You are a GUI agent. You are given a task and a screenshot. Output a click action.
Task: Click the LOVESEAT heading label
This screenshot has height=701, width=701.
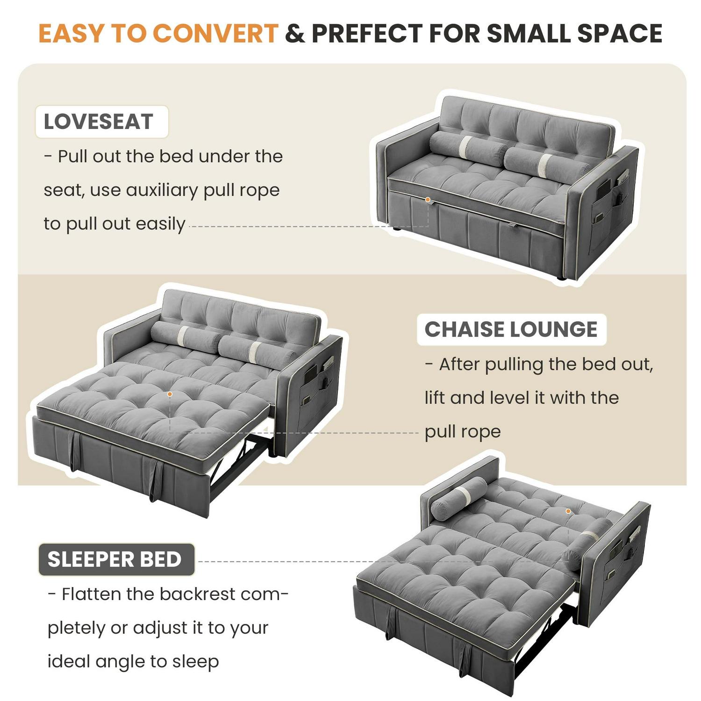click(101, 122)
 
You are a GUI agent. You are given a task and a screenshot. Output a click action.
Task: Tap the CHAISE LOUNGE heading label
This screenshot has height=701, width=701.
click(511, 329)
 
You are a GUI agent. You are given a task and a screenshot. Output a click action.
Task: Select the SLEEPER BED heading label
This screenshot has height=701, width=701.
click(116, 559)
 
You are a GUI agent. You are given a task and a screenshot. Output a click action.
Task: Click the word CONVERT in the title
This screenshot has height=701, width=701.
click(215, 33)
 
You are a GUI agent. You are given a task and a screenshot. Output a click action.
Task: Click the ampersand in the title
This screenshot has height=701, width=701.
click(295, 33)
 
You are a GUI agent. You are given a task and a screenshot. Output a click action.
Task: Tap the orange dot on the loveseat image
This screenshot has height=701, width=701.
click(428, 200)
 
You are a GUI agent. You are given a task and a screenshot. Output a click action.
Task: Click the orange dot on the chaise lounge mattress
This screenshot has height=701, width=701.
click(170, 394)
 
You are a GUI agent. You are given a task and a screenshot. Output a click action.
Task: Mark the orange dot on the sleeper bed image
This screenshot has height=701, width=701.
click(568, 511)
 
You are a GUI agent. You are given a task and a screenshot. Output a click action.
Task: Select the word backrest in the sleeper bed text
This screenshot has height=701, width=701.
click(197, 594)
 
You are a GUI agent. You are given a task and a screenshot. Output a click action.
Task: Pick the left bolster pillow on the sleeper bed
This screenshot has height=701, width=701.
click(459, 498)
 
